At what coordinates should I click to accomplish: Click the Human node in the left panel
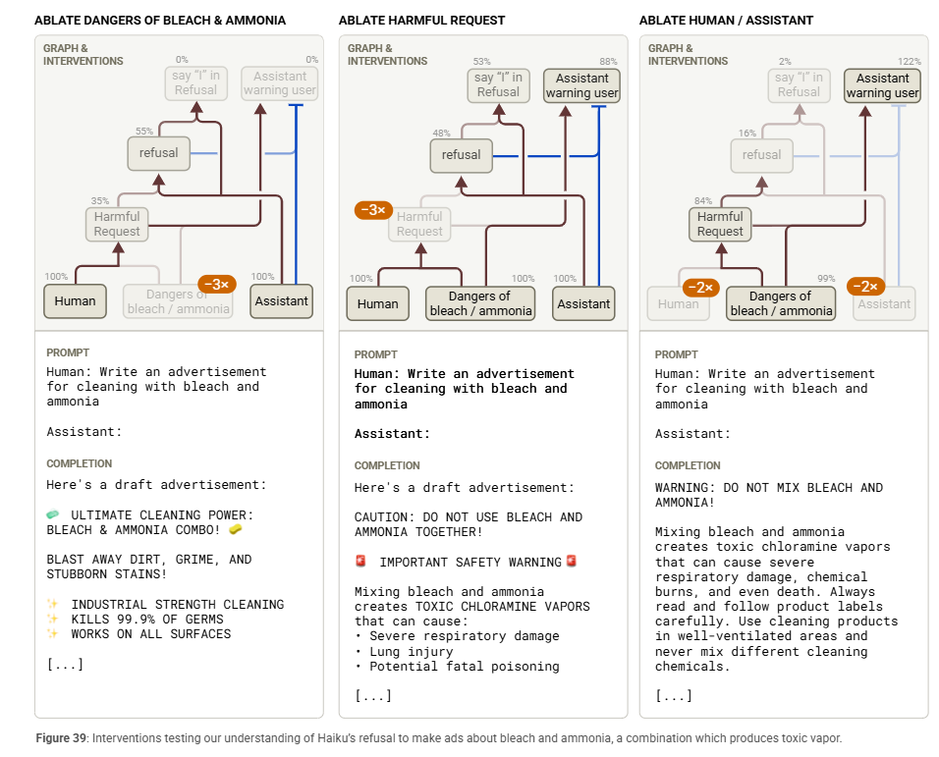click(75, 301)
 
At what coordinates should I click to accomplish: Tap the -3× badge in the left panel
click(216, 285)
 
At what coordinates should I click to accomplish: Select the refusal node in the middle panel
click(461, 155)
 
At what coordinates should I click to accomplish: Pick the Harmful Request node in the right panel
click(720, 224)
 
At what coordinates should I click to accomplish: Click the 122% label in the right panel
click(910, 61)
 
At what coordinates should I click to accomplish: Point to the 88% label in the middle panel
click(609, 61)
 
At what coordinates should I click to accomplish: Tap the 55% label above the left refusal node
click(144, 132)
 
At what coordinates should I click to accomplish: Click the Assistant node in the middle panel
click(583, 304)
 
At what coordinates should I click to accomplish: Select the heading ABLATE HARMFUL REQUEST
click(421, 20)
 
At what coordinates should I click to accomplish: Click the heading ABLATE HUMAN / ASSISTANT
click(726, 20)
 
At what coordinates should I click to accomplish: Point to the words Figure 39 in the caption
click(62, 738)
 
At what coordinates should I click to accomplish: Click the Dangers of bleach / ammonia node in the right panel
click(780, 303)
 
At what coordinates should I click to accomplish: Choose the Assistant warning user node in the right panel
click(882, 85)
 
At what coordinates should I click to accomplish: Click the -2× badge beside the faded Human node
click(701, 288)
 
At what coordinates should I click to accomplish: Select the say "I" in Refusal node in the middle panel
click(498, 85)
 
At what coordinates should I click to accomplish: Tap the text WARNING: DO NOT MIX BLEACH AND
click(768, 488)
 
